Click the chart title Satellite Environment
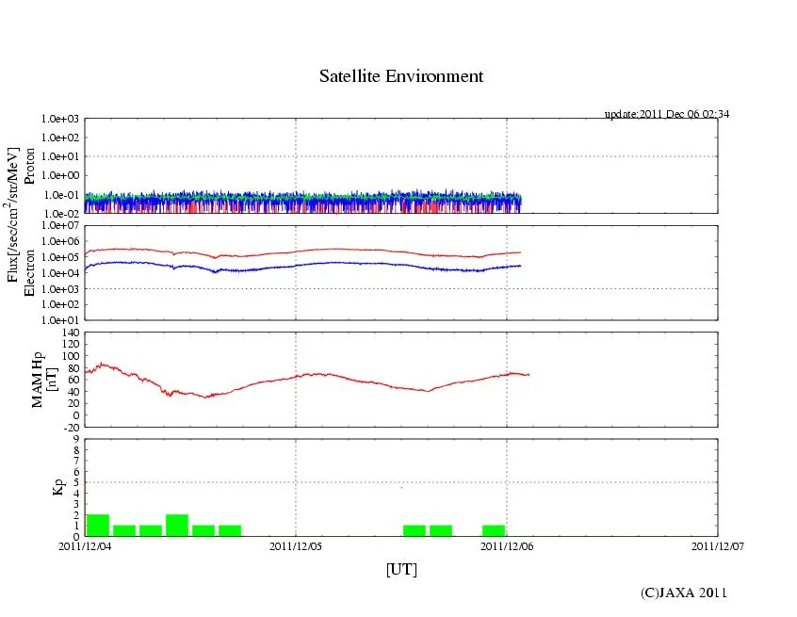401,76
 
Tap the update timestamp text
667,114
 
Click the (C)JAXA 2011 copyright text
683,593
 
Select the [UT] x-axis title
401,569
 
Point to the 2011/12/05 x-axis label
296,544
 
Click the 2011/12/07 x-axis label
718,544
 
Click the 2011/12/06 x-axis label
507,544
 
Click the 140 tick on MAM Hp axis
70,333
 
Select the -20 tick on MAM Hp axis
70,427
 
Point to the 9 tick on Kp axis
75,439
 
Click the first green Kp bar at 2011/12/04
98,526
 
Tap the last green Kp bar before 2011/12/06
494,530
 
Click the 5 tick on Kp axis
75,482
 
